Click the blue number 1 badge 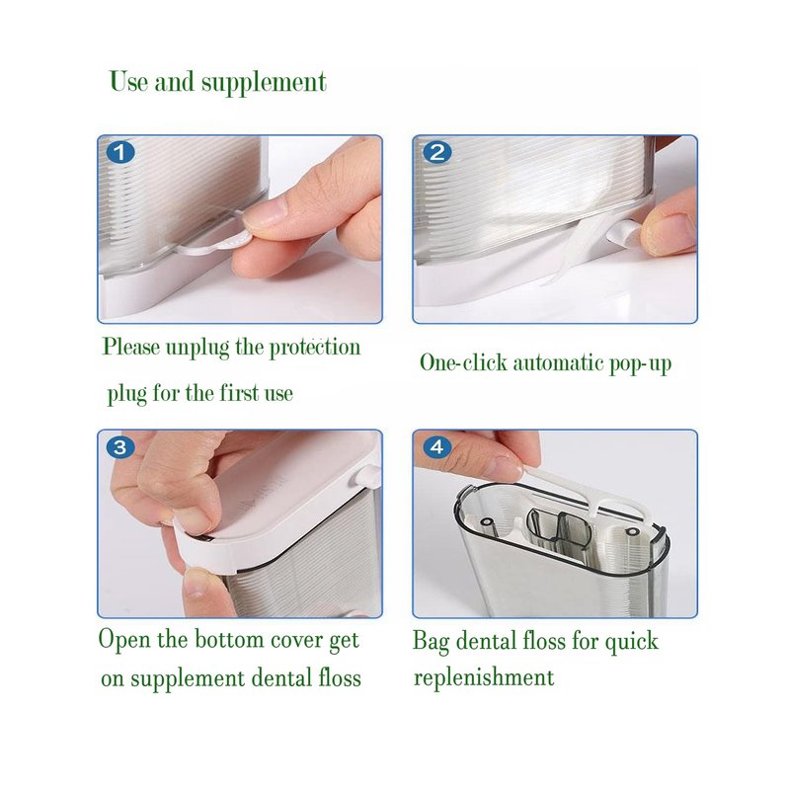point(120,152)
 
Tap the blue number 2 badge point(436,152)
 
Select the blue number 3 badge point(120,447)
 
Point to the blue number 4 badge point(436,447)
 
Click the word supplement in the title point(264,84)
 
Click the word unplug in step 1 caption point(197,349)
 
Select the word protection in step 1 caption point(315,349)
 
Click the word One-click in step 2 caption point(463,361)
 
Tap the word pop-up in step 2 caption point(640,363)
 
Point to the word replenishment point(484,677)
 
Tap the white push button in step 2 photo point(623,232)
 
